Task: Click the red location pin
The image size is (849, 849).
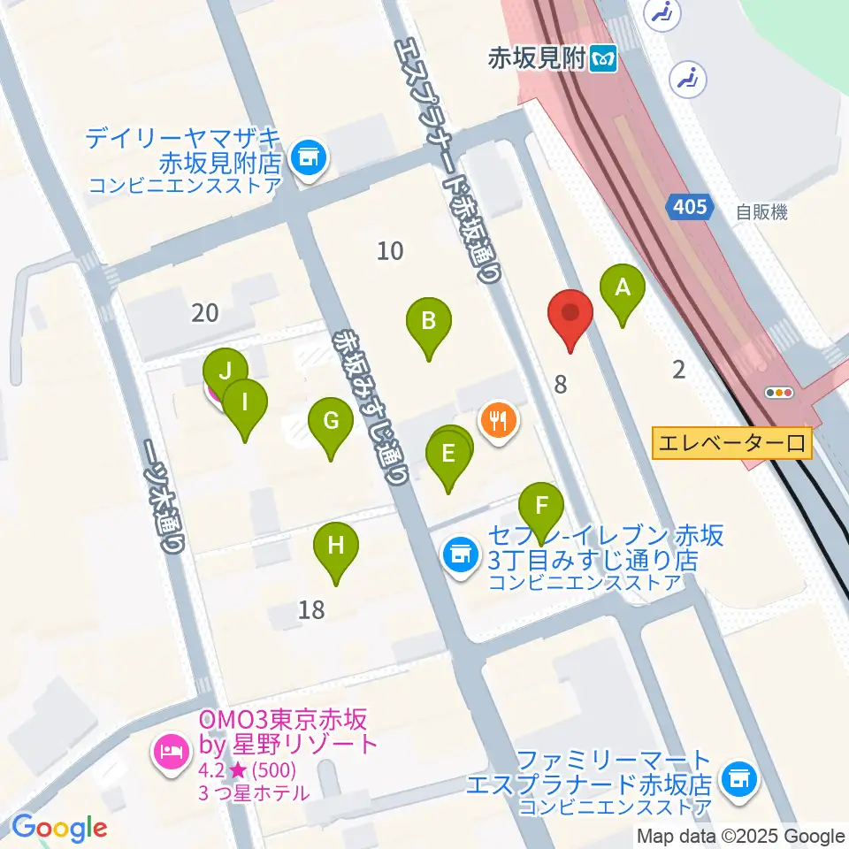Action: tap(570, 316)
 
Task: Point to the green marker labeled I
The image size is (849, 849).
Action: tap(246, 404)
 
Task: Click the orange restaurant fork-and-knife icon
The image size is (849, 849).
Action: tap(499, 417)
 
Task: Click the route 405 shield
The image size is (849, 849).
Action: tap(689, 207)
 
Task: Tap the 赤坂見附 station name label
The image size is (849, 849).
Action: tap(537, 59)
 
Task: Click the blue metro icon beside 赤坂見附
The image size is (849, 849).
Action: tap(605, 59)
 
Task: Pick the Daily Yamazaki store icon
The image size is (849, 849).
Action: tap(309, 159)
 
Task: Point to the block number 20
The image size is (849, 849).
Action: tap(204, 312)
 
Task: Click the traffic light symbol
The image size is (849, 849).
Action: tap(781, 393)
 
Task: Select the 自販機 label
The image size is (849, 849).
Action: tap(761, 212)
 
